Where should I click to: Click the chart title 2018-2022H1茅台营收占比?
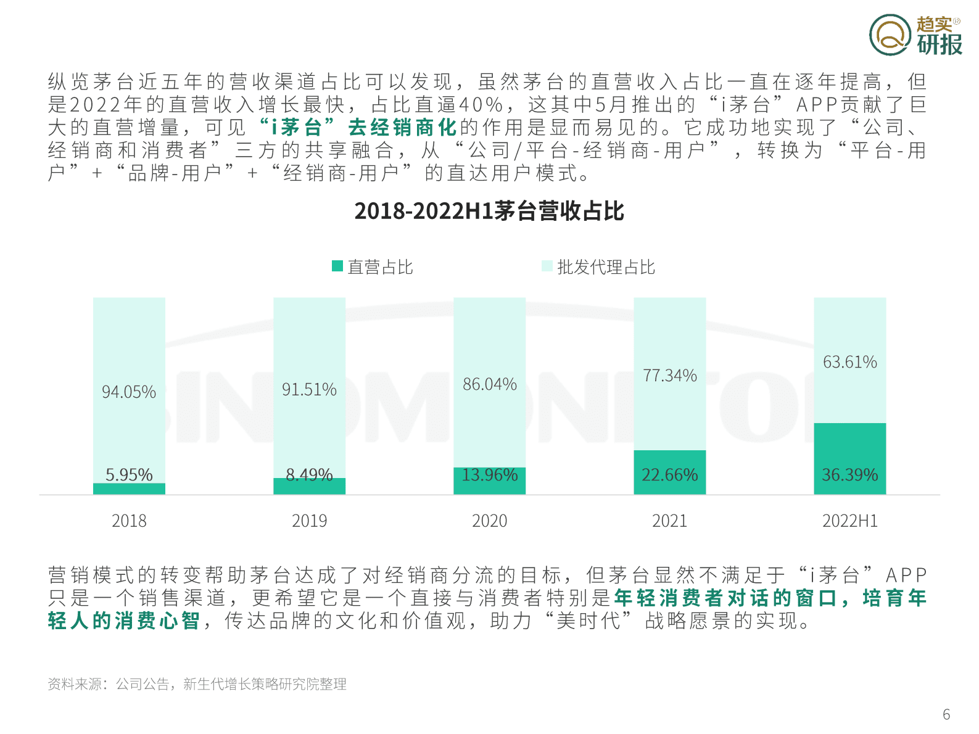coord(489,211)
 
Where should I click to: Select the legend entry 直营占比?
coord(373,267)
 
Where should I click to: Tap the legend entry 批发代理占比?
coord(598,267)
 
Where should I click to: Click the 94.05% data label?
coord(129,392)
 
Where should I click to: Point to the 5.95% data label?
coord(129,474)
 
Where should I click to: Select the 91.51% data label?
coord(309,390)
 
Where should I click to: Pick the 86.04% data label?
coord(490,384)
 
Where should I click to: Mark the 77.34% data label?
coord(670,376)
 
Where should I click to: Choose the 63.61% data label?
coord(850,362)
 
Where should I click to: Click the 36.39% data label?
coord(849,475)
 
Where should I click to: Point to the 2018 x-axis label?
coord(129,521)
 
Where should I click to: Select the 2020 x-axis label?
coord(489,521)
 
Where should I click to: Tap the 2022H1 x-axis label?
coord(849,521)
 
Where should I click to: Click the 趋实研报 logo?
coord(915,35)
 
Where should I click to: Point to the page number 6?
coord(946,714)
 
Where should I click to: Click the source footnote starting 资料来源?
coord(197,684)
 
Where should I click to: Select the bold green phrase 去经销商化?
coord(402,128)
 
